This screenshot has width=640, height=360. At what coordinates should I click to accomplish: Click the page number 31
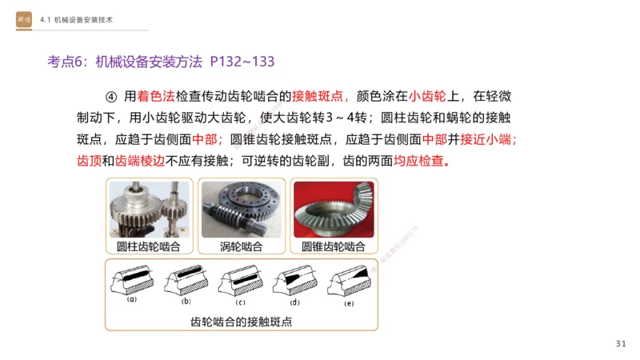[x=622, y=344]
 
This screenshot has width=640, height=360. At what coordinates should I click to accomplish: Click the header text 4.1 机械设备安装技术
[x=80, y=18]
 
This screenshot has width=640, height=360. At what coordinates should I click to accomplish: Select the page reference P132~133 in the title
[x=243, y=60]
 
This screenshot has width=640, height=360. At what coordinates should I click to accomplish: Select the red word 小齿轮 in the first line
[x=428, y=97]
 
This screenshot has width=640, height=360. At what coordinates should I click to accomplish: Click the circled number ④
[x=111, y=97]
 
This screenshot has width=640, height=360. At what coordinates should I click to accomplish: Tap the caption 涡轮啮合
[x=242, y=246]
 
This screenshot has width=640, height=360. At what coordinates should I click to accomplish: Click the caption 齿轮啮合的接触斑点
[x=242, y=322]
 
